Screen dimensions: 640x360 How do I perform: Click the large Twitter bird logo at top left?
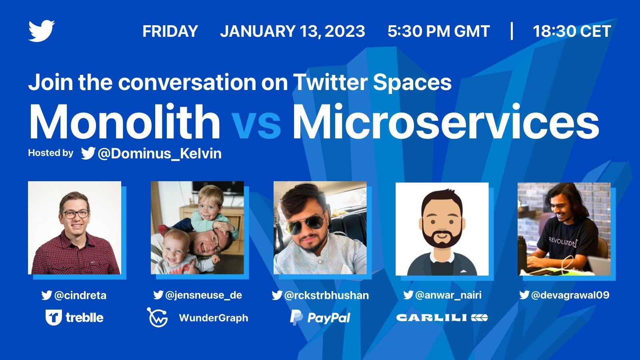coord(42,31)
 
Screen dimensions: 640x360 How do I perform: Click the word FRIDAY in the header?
coord(170,31)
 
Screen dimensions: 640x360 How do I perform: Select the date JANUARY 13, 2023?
coord(292,31)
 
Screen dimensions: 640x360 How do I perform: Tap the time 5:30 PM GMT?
coord(438,31)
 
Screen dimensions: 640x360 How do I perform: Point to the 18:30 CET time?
coord(572,31)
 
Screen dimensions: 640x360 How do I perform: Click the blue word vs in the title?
coord(256,125)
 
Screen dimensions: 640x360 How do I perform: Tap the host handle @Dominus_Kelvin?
coord(160,154)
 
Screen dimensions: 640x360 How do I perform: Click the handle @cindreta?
coord(80,295)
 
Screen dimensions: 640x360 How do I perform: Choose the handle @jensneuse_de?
coord(204,295)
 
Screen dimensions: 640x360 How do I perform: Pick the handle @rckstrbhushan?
coord(326,295)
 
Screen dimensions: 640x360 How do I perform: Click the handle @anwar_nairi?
coord(448,295)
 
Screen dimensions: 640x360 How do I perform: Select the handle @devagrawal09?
coord(570,295)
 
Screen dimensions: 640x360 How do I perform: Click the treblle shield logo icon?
coord(54,318)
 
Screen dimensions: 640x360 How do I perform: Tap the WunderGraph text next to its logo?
coord(214,318)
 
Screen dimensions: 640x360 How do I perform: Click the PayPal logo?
coord(320,318)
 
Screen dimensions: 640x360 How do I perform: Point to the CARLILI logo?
coord(442,318)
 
